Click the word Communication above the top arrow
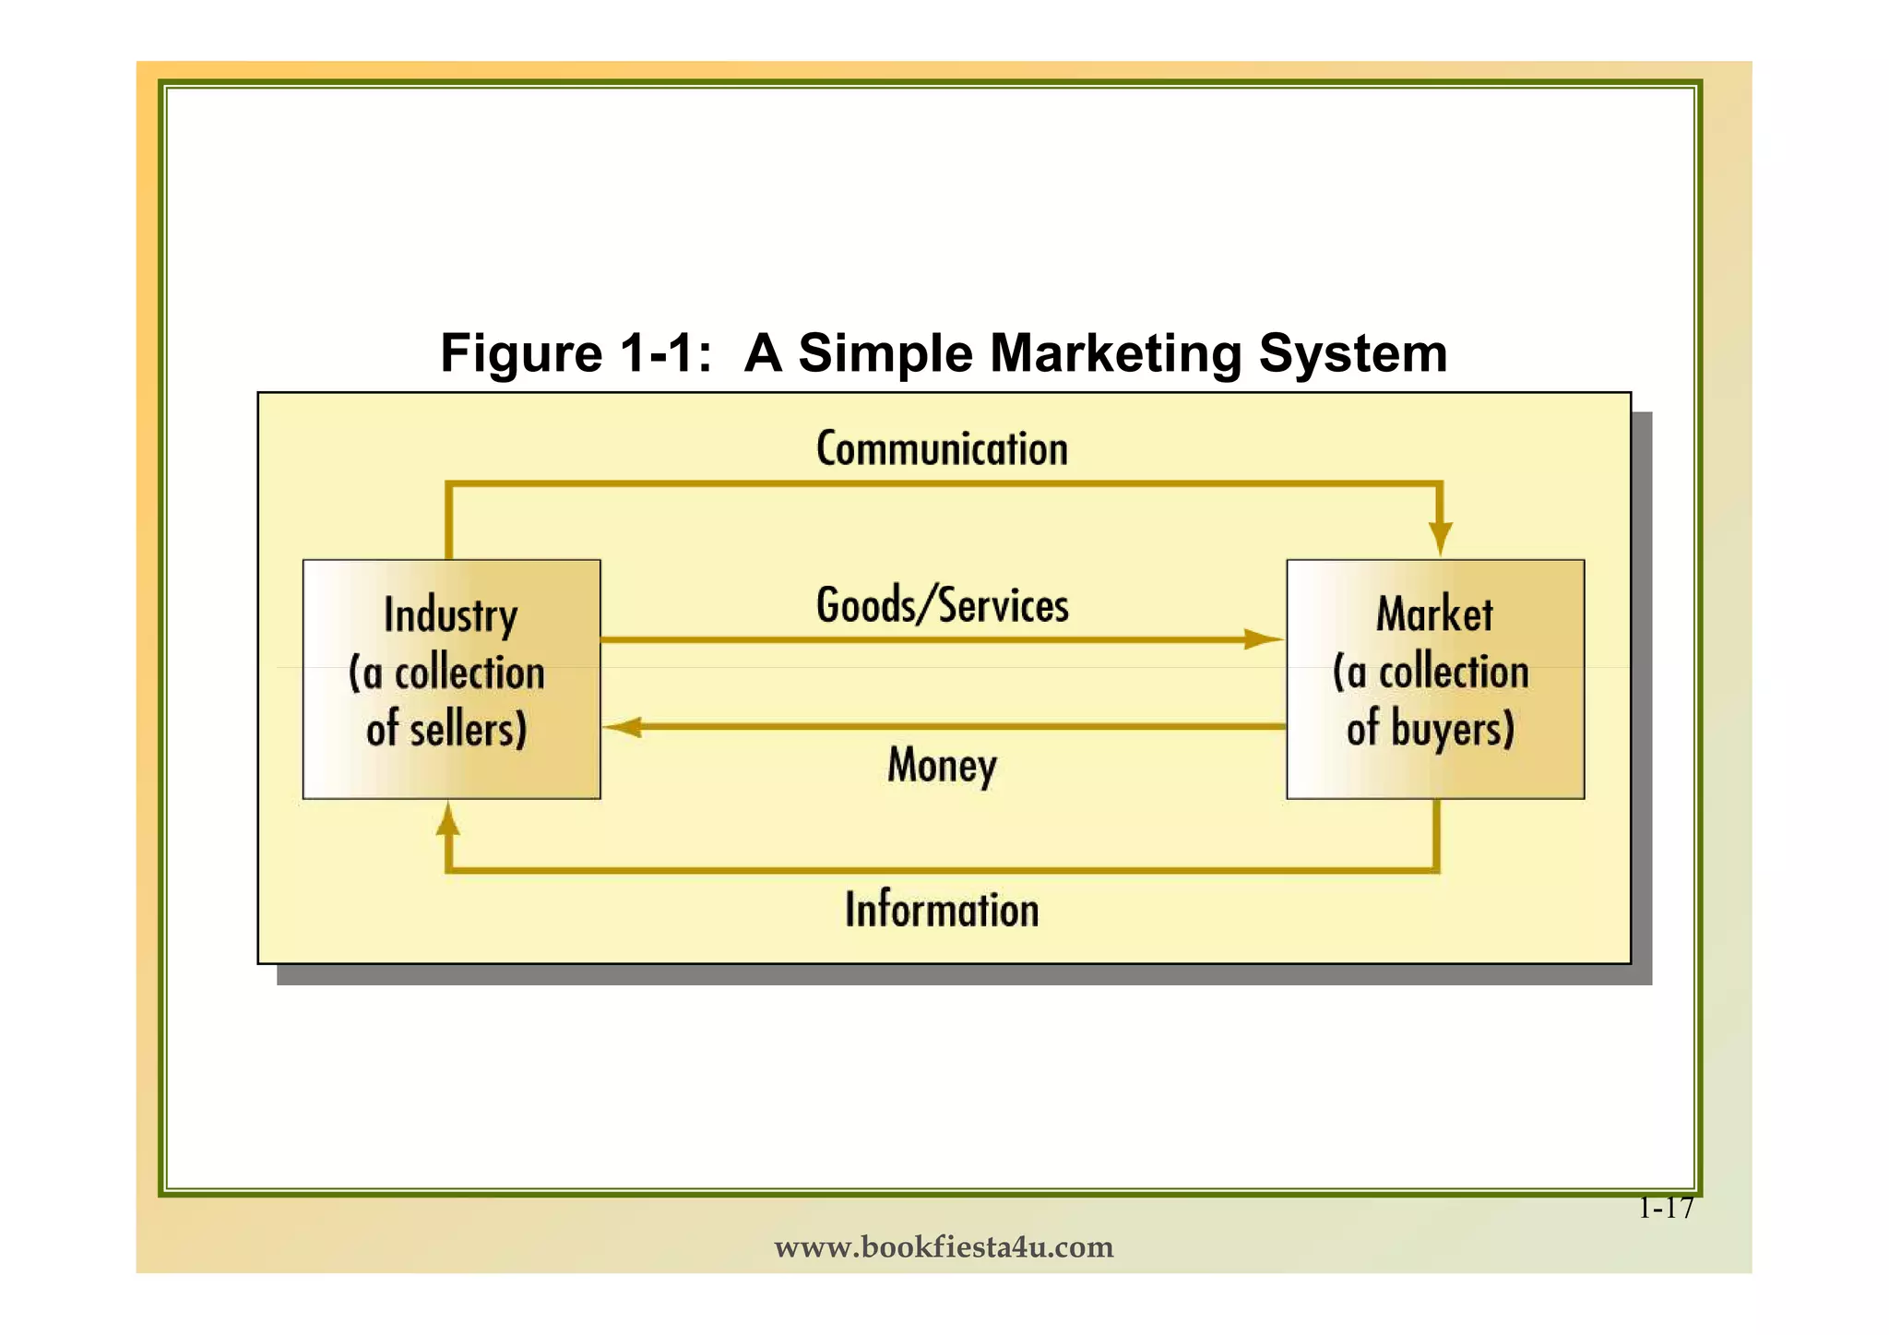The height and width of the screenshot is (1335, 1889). pyautogui.click(x=942, y=449)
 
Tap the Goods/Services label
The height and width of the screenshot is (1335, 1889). pyautogui.click(x=942, y=606)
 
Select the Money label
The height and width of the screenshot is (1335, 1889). pyautogui.click(x=942, y=765)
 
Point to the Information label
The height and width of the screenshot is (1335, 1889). pyautogui.click(x=942, y=910)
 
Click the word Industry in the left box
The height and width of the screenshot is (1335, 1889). pyautogui.click(x=450, y=616)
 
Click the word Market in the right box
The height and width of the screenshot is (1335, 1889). pyautogui.click(x=1434, y=614)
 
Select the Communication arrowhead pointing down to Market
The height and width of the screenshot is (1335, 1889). pyautogui.click(x=1440, y=537)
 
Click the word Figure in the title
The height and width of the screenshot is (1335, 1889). pyautogui.click(x=521, y=353)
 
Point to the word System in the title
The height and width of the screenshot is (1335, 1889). pyautogui.click(x=1352, y=353)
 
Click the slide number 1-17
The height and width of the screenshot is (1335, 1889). pyautogui.click(x=1666, y=1208)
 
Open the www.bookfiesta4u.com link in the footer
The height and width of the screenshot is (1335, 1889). pyautogui.click(x=944, y=1247)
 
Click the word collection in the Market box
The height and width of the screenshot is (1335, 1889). pyautogui.click(x=1453, y=672)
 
